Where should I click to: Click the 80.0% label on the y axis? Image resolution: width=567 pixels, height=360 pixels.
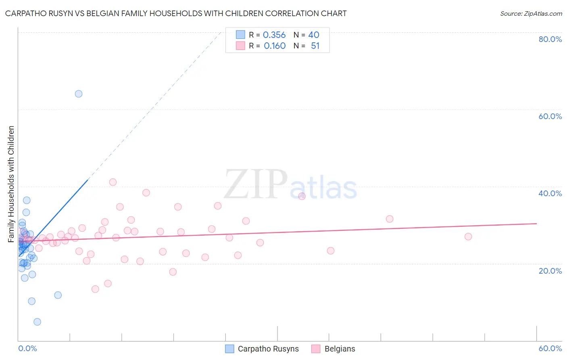point(550,39)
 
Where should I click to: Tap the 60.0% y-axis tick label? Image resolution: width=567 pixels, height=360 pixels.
point(550,116)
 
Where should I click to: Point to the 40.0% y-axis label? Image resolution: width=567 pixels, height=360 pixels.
point(550,193)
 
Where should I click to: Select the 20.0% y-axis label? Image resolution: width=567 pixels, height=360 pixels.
point(550,271)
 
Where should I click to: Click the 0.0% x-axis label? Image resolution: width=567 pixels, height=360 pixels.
point(27,348)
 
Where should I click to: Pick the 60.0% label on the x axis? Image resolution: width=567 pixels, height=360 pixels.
point(550,348)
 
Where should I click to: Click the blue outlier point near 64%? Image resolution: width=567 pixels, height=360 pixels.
point(79,94)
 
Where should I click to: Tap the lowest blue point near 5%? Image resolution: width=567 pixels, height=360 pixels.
point(37,322)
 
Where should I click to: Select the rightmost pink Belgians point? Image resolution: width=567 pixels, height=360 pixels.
point(468,237)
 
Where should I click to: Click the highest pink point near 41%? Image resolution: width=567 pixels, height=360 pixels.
point(113,182)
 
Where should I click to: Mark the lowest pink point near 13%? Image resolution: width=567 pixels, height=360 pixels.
point(95,289)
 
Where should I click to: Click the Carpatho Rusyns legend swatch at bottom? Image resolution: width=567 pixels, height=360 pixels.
point(229,349)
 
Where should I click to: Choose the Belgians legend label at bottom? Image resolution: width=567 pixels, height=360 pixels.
point(340,349)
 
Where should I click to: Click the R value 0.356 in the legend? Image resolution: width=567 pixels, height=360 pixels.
point(274,35)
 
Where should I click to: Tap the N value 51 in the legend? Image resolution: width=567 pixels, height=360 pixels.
point(315,46)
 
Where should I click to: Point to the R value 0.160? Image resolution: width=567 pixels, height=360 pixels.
point(275,46)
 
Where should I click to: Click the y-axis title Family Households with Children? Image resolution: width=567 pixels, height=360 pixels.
point(11,184)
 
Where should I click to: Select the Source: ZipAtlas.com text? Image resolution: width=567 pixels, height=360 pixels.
point(531,14)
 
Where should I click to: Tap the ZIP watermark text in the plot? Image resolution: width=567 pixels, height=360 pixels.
point(256,184)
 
